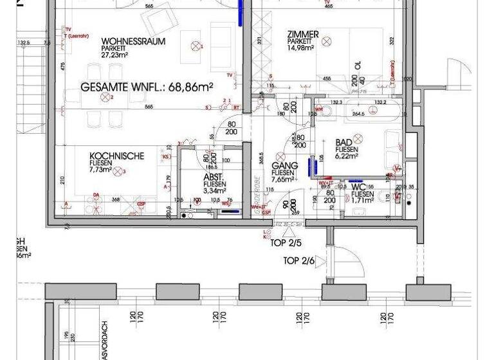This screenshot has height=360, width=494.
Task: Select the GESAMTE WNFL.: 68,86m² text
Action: click(147, 85)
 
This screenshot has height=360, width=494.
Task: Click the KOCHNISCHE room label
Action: click(117, 156)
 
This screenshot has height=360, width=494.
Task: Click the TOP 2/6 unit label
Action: click(298, 261)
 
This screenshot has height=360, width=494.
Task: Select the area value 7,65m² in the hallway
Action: click(283, 179)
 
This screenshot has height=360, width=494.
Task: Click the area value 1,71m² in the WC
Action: click(362, 201)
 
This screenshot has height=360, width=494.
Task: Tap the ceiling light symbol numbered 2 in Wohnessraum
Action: click(105, 98)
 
